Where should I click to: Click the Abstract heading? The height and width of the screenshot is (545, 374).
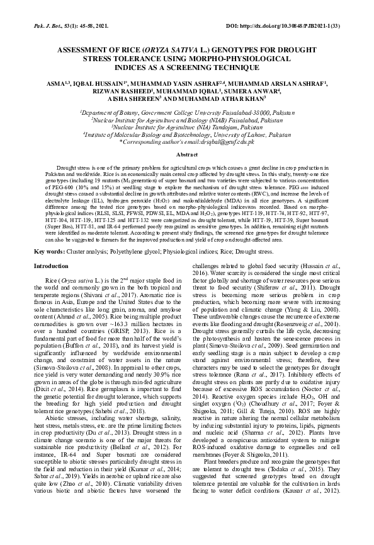coord(187,154)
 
